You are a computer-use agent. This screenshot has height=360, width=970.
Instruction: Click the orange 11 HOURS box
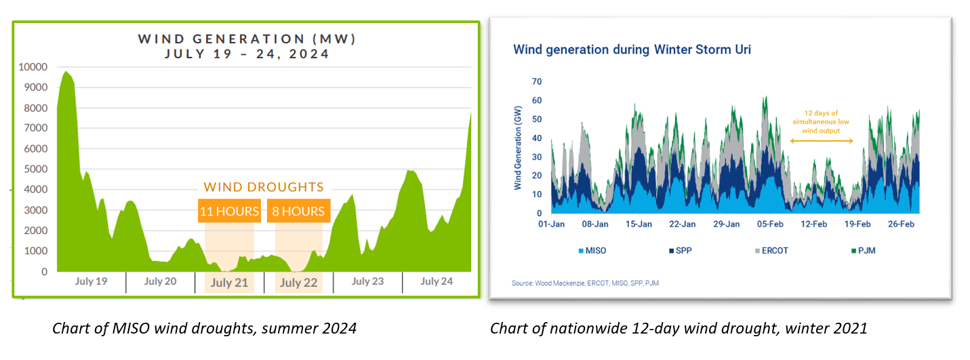[229, 212]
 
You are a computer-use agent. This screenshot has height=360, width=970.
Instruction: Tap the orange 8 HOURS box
[298, 212]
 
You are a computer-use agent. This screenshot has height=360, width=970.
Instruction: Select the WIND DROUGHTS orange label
[264, 187]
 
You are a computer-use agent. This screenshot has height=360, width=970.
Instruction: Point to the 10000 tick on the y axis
[33, 67]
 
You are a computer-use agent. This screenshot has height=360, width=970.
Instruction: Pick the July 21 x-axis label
[229, 283]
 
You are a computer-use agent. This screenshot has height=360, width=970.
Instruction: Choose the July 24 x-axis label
[437, 281]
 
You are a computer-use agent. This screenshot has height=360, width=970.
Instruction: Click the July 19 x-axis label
[92, 281]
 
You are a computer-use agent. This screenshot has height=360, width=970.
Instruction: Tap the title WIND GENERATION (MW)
[247, 39]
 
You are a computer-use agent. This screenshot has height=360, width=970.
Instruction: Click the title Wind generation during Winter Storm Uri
[632, 49]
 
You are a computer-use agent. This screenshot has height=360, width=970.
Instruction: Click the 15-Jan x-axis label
[639, 224]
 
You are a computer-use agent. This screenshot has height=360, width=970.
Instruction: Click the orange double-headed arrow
[822, 140]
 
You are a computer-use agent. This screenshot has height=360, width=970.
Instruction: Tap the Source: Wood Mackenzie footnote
[585, 283]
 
